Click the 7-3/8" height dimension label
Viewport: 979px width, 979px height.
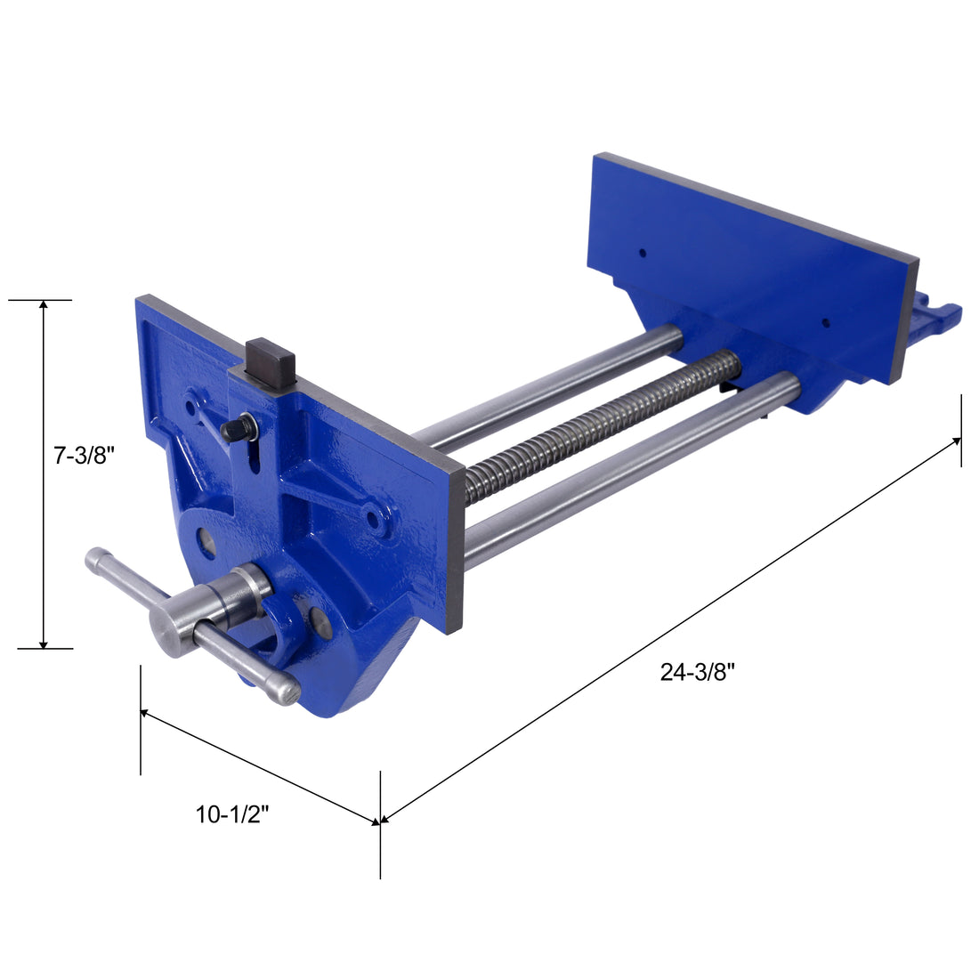[85, 457]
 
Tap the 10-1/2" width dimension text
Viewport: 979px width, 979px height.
[232, 813]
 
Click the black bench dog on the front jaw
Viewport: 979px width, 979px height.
[272, 361]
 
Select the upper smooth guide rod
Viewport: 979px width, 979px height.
[552, 385]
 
